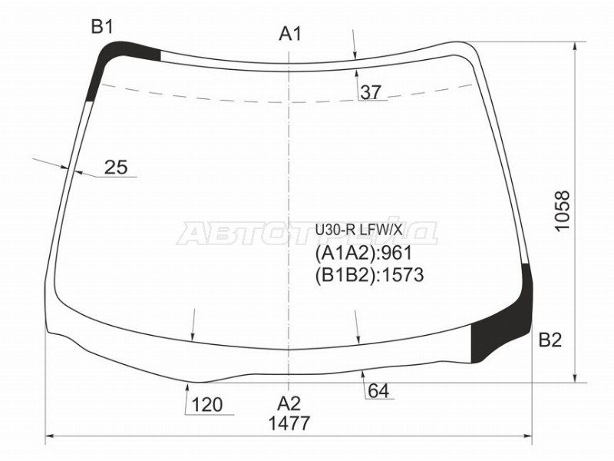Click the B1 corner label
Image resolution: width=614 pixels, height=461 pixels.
point(102,28)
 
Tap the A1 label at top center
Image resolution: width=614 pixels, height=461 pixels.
point(290,34)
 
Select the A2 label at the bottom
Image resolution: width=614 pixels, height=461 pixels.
point(289,403)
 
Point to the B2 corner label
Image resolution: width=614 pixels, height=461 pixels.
point(550,340)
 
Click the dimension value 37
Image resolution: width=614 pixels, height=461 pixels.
point(371,92)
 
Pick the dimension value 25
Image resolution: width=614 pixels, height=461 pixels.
point(116,167)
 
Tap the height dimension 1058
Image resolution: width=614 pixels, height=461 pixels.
point(563,211)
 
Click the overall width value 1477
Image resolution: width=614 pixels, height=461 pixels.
point(289,423)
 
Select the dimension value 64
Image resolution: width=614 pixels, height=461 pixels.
point(378,391)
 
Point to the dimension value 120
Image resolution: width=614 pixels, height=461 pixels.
point(206,405)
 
